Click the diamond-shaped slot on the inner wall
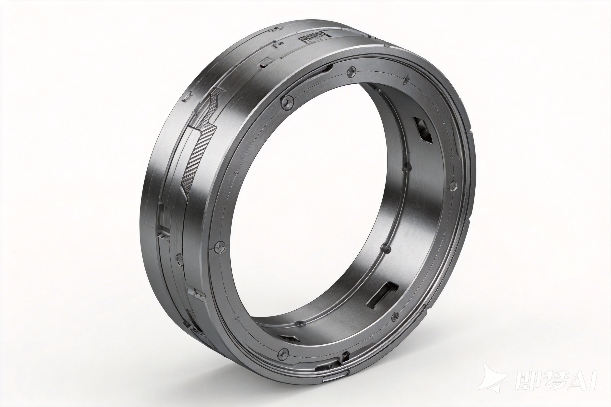(x=423, y=130)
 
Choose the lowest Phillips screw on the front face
(x=283, y=353)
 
